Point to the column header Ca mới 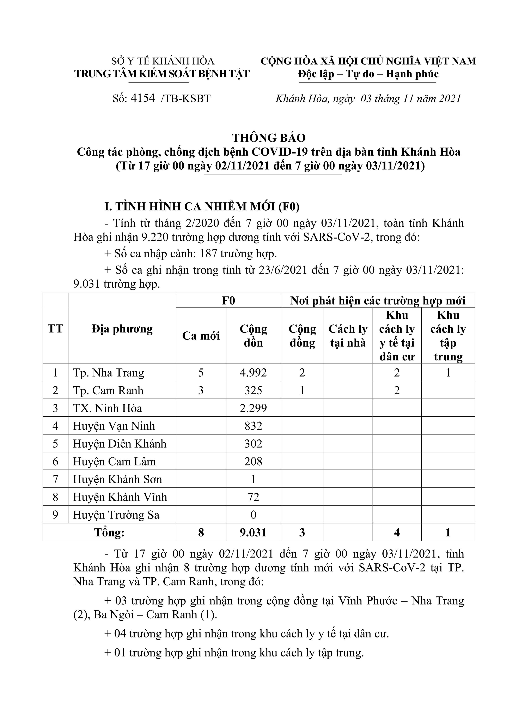tap(201, 336)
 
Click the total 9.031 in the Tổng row tap(253, 533)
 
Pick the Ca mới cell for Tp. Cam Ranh tap(201, 390)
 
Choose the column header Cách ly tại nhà tap(348, 336)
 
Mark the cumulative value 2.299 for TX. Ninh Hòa tap(253, 408)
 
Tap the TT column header tap(55, 329)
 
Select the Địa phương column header tap(122, 329)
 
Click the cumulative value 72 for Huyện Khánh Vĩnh tap(253, 497)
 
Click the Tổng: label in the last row tap(109, 533)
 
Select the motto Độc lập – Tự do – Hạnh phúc tap(368, 74)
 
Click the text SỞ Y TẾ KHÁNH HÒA tap(163, 61)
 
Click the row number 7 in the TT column tap(55, 479)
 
